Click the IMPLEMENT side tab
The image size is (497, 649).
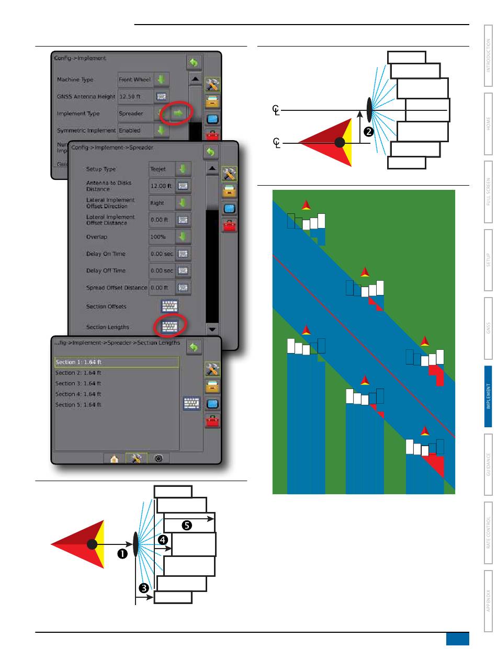(x=488, y=396)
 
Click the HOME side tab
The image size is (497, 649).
(x=488, y=123)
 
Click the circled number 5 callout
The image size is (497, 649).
(x=186, y=525)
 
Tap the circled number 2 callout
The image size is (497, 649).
(x=368, y=133)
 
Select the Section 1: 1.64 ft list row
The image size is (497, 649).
(x=117, y=362)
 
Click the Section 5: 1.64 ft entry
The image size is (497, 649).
(x=78, y=405)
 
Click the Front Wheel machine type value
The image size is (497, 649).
(x=134, y=80)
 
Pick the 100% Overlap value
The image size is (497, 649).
(x=160, y=237)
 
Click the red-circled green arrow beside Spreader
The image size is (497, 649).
(x=178, y=113)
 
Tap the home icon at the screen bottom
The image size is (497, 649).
(x=114, y=458)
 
